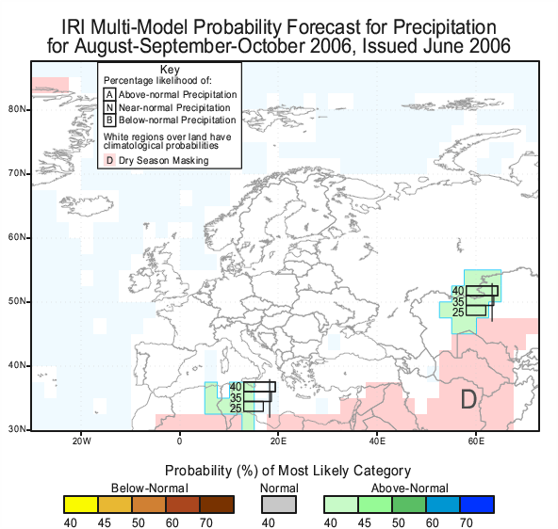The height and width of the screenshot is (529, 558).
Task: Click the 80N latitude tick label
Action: click(17, 109)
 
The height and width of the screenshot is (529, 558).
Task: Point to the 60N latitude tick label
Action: click(17, 237)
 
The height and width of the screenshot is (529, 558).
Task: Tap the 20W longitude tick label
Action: click(82, 441)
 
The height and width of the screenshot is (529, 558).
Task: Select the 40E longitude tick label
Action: click(377, 441)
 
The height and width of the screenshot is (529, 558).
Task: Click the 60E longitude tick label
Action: click(476, 441)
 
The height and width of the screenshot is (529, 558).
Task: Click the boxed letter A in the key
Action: click(109, 94)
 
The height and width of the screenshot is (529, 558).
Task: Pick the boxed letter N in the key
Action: click(109, 107)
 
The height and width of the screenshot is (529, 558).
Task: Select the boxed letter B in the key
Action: click(109, 120)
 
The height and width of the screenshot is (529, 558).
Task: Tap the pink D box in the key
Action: click(109, 160)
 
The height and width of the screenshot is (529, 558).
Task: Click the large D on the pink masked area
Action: click(468, 399)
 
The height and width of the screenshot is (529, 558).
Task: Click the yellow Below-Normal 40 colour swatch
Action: click(81, 505)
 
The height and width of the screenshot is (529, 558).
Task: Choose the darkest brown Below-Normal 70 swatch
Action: click(217, 505)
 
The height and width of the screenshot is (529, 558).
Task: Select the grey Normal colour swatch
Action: click(279, 505)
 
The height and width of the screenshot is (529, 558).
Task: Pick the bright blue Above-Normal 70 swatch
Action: click(477, 505)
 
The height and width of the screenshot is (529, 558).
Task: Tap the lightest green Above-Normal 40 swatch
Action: click(341, 505)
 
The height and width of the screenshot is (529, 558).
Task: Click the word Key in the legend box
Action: click(170, 70)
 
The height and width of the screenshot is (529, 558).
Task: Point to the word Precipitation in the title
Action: click(445, 27)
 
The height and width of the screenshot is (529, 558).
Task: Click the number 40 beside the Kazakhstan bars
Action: click(458, 291)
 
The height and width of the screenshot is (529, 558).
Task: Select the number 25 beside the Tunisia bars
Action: click(236, 409)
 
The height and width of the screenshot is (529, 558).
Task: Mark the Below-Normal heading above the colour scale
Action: click(150, 489)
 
